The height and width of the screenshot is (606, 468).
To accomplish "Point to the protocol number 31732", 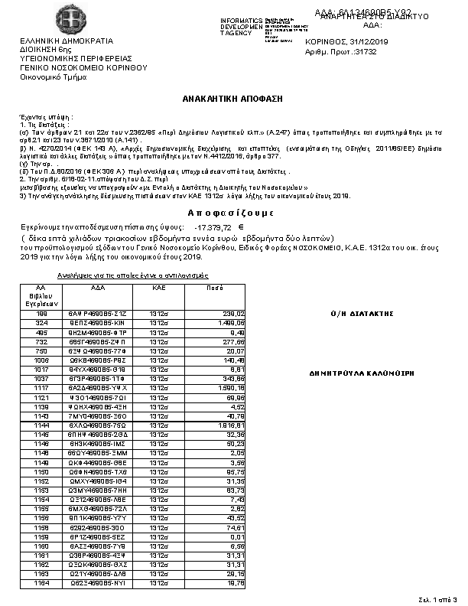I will coord(364,51).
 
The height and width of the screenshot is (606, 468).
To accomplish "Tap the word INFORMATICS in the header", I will coord(241,19).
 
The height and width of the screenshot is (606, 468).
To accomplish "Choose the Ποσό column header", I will coord(215,287).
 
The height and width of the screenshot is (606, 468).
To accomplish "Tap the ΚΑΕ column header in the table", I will coord(158,287).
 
